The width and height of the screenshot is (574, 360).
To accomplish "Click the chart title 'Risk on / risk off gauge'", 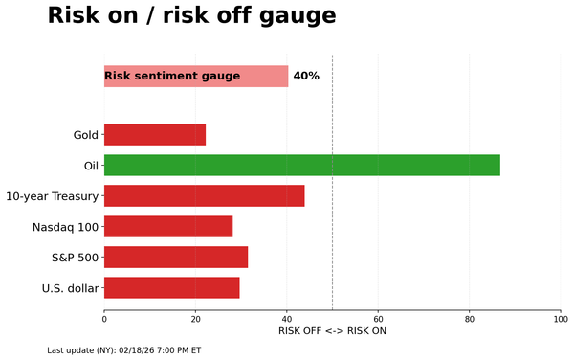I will pyautogui.click(x=191, y=16).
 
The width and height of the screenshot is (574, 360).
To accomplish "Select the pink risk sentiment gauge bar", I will pyautogui.click(x=196, y=76).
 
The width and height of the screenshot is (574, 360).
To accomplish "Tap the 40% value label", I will pyautogui.click(x=306, y=76).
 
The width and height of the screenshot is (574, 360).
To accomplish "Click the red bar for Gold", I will pyautogui.click(x=155, y=134).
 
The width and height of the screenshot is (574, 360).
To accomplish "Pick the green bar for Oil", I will pyautogui.click(x=301, y=165).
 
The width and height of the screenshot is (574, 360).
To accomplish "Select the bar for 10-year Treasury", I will pyautogui.click(x=204, y=195).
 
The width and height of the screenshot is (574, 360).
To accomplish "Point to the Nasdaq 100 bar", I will pyautogui.click(x=168, y=226).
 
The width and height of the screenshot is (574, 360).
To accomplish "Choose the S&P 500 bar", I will pyautogui.click(x=176, y=257).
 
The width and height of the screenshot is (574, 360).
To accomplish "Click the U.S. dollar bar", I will pyautogui.click(x=171, y=287).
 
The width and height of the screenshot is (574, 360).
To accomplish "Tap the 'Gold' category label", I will pyautogui.click(x=85, y=135).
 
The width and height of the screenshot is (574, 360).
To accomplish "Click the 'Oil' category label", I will pyautogui.click(x=91, y=166).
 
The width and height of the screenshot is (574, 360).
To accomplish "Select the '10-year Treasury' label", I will pyautogui.click(x=52, y=196).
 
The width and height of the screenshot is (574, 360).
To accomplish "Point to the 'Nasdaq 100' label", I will pyautogui.click(x=65, y=227).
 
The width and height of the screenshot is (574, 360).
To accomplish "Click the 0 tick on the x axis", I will pyautogui.click(x=104, y=320).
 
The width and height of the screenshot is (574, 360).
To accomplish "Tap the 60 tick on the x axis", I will pyautogui.click(x=378, y=320).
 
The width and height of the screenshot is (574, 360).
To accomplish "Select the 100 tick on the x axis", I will pyautogui.click(x=561, y=320).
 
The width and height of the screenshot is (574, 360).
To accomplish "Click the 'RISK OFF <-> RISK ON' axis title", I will pyautogui.click(x=332, y=331).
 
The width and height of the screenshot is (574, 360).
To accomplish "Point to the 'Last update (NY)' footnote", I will pyautogui.click(x=123, y=350).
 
